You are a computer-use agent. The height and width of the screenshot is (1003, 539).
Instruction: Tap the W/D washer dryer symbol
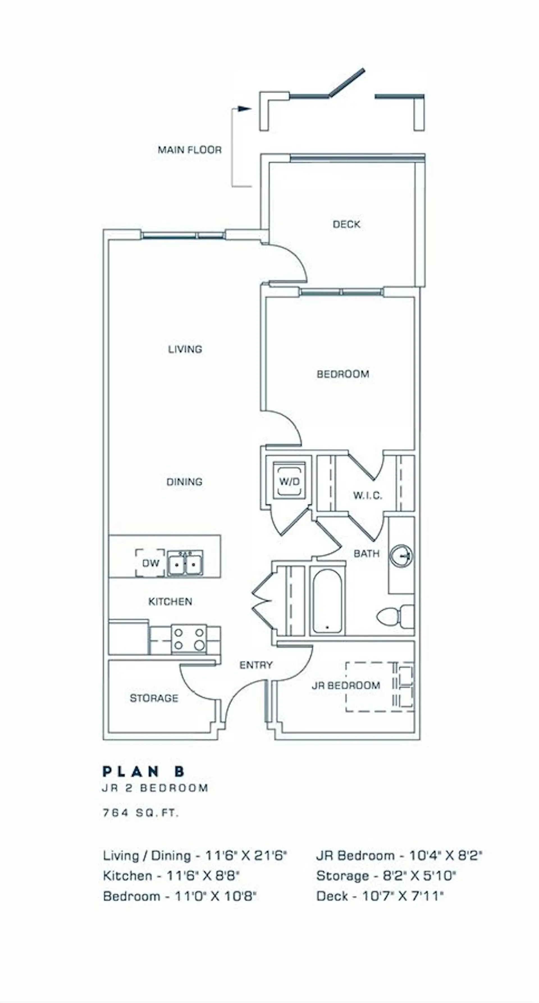pyautogui.click(x=289, y=481)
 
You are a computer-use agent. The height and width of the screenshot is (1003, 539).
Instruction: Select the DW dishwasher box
pyautogui.click(x=150, y=563)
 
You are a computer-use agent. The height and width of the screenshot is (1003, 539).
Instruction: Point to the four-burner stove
pyautogui.click(x=189, y=639)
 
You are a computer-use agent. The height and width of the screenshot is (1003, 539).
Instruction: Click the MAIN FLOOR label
pyautogui.click(x=189, y=150)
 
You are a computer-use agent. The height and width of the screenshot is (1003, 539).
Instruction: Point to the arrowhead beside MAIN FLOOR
pyautogui.click(x=245, y=109)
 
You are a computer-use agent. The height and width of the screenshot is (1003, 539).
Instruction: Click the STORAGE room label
pyautogui.click(x=154, y=698)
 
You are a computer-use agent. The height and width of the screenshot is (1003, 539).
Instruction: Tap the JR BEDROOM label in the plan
pyautogui.click(x=346, y=685)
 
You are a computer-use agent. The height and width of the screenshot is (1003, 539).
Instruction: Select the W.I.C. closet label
pyautogui.click(x=367, y=496)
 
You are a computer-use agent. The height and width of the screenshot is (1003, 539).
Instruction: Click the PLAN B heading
pyautogui.click(x=144, y=771)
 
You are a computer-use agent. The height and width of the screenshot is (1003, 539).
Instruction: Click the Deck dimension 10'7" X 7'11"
pyautogui.click(x=380, y=896)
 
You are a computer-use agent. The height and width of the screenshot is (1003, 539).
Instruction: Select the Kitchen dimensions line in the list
pyautogui.click(x=171, y=876)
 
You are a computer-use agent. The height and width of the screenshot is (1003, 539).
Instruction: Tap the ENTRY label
pyautogui.click(x=256, y=665)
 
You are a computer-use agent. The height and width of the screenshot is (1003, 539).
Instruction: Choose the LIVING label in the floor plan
pyautogui.click(x=185, y=349)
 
